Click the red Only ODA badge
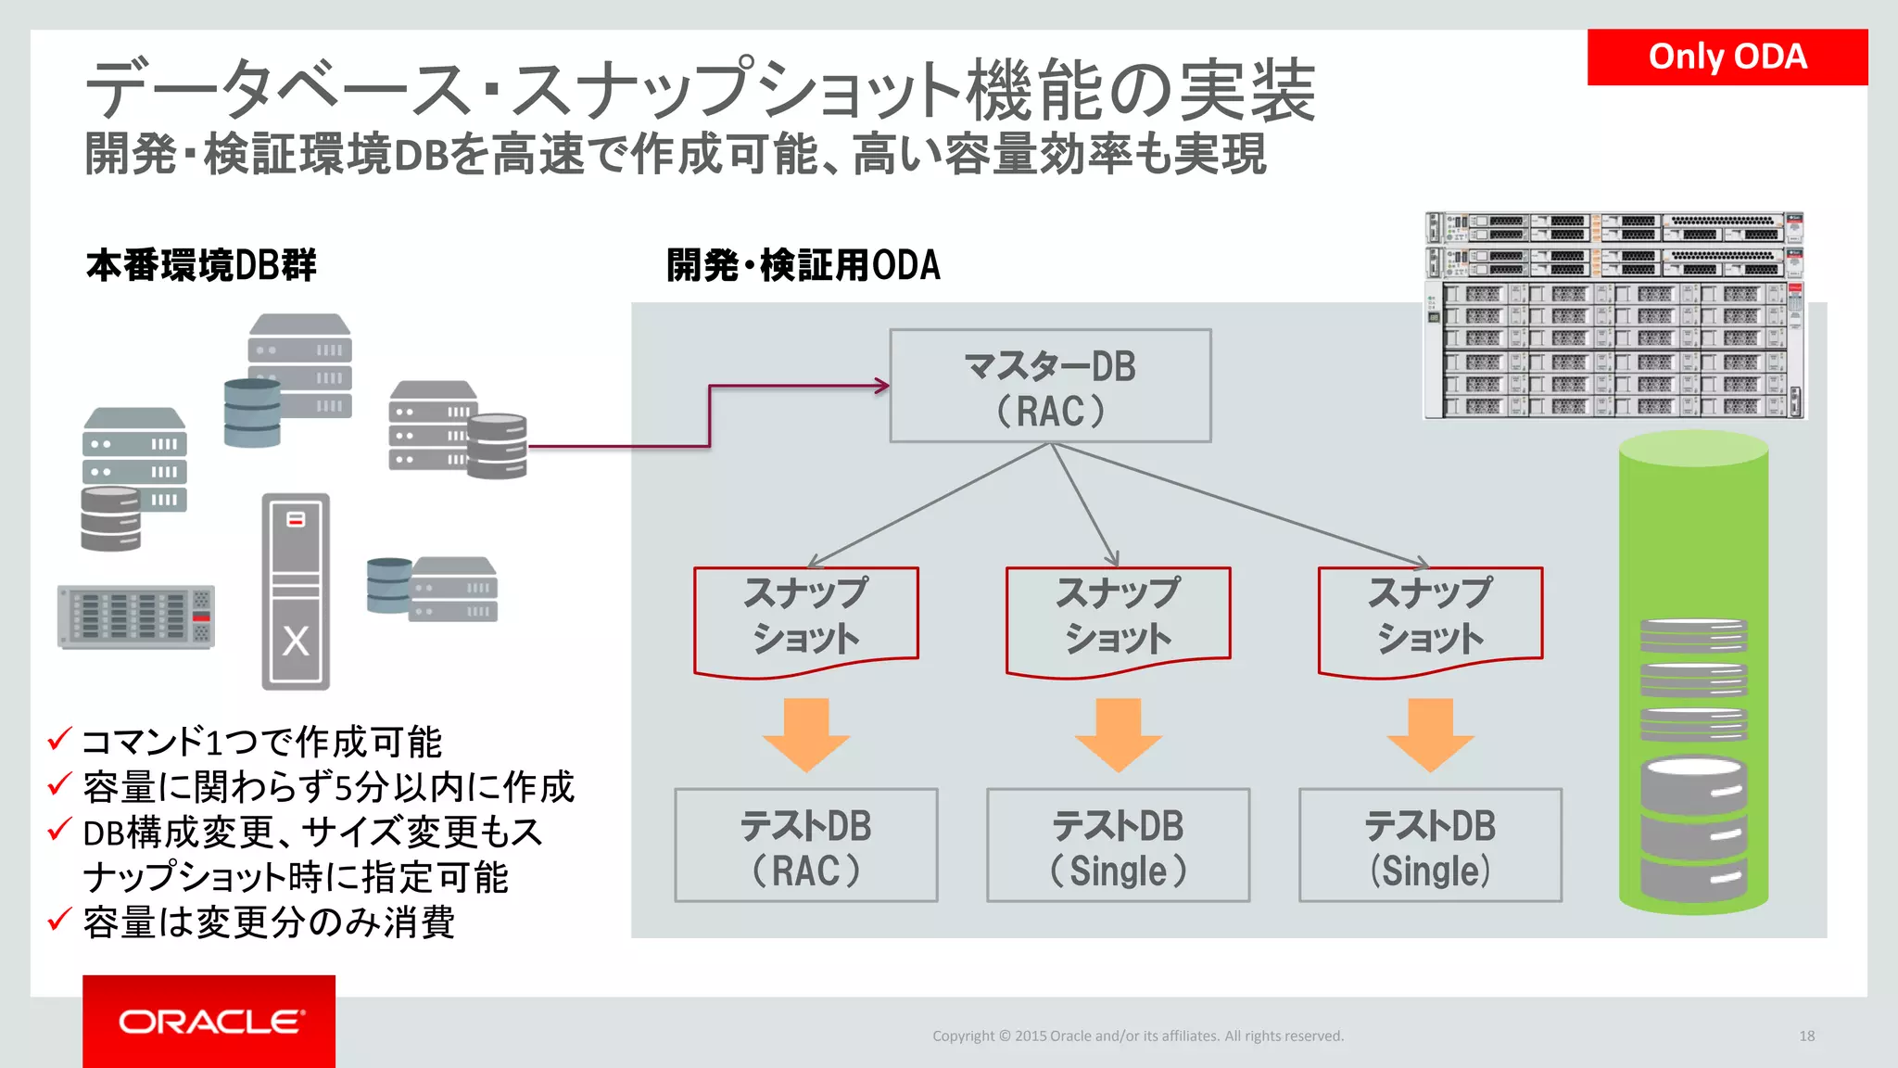tap(1727, 57)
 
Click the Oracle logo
tap(209, 1021)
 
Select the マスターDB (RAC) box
tap(1050, 387)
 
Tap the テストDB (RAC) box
tap(805, 845)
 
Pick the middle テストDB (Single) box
tap(1118, 845)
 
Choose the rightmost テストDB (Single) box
tap(1430, 845)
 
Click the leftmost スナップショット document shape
tap(805, 617)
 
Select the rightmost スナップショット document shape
tap(1430, 617)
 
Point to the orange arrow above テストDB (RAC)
tap(805, 734)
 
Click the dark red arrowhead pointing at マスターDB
tap(881, 386)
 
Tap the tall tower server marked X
tap(296, 591)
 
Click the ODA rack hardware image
tap(1614, 316)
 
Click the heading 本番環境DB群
tap(201, 265)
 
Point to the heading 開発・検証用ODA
tap(803, 265)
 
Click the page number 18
tap(1806, 1036)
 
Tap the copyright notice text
tap(1137, 1036)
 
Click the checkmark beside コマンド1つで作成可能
tap(59, 740)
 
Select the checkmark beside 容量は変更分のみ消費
tap(59, 920)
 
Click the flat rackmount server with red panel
tap(136, 617)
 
